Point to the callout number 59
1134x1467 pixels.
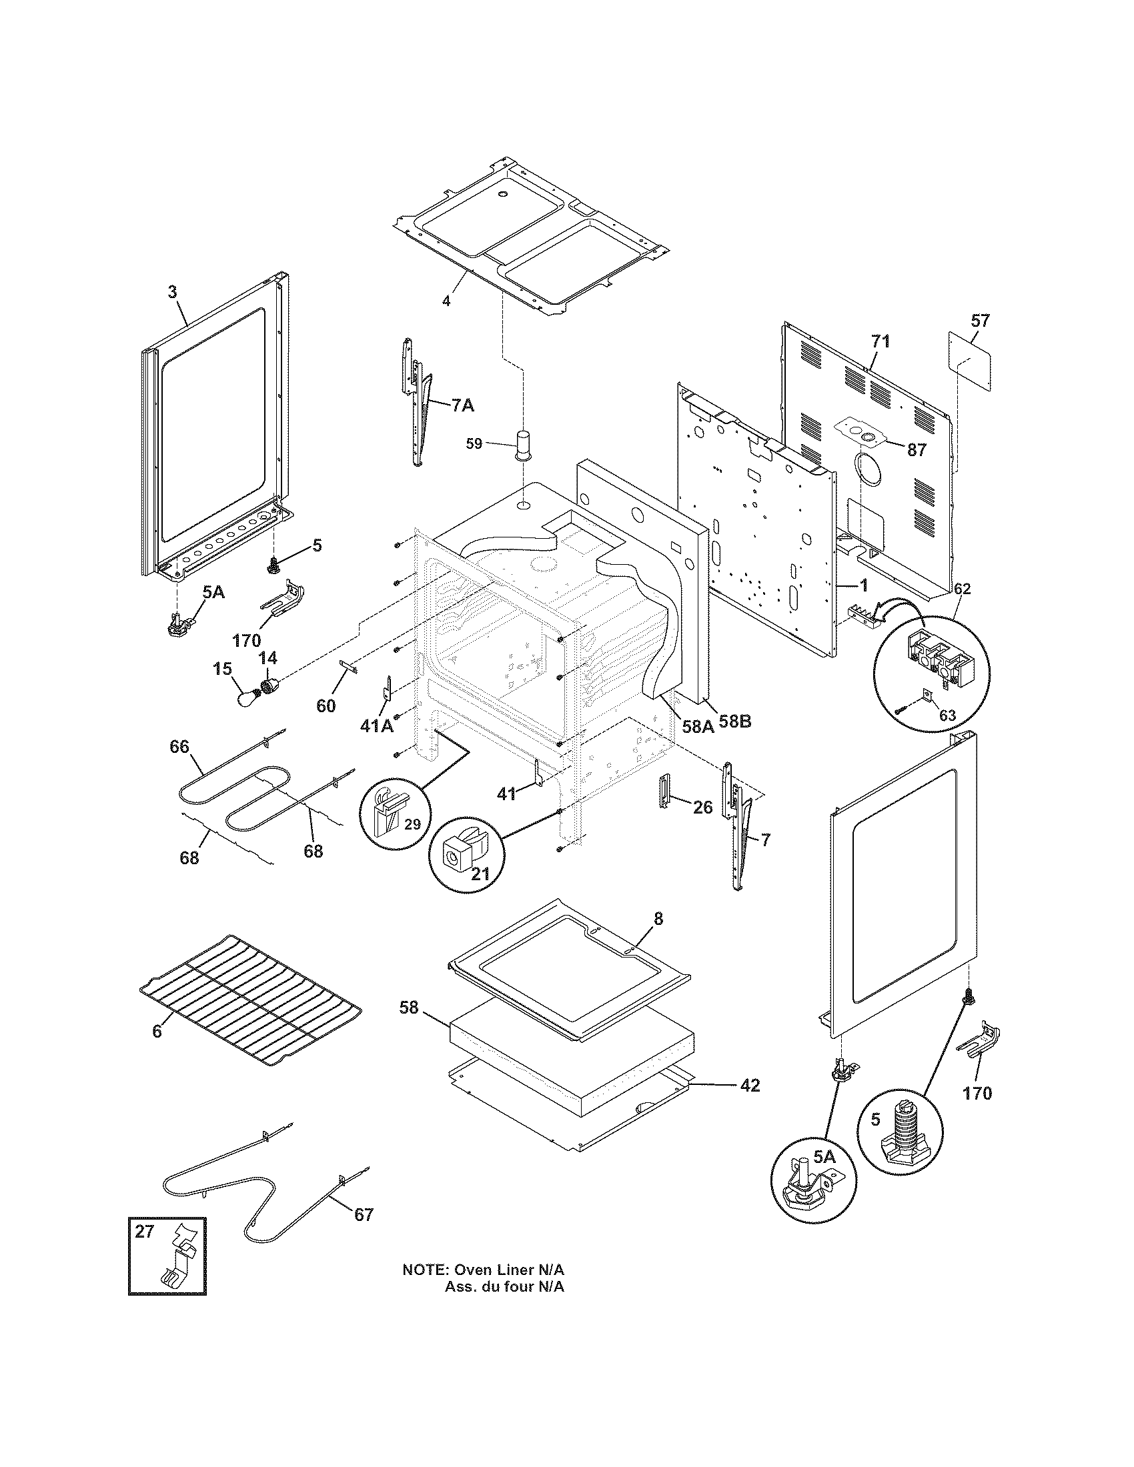pyautogui.click(x=474, y=444)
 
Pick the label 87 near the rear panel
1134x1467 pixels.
pyautogui.click(x=917, y=449)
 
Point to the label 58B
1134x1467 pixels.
pyautogui.click(x=735, y=722)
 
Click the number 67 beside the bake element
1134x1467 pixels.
pyautogui.click(x=364, y=1214)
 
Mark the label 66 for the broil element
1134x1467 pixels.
pyautogui.click(x=179, y=747)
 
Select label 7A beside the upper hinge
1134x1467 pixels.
pyautogui.click(x=462, y=404)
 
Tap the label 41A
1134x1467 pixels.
pyautogui.click(x=377, y=725)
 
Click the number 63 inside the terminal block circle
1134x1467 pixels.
pyautogui.click(x=947, y=715)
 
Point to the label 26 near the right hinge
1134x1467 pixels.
pyautogui.click(x=702, y=807)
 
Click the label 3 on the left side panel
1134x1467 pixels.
pyautogui.click(x=173, y=291)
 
